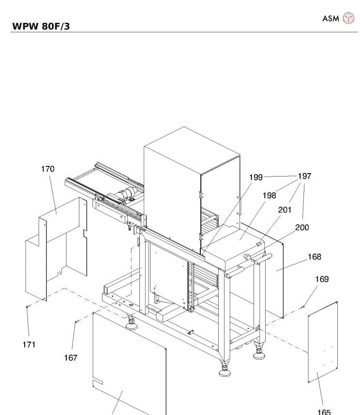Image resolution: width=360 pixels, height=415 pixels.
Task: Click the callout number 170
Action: pos(48,169)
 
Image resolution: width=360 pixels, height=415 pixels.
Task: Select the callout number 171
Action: pos(29,345)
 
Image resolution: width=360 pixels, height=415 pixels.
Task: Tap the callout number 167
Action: pos(71,358)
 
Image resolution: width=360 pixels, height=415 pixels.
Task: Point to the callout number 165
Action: pos(324,412)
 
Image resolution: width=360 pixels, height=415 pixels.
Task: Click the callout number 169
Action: pos(322,279)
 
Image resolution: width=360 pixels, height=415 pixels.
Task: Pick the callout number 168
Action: pos(315,257)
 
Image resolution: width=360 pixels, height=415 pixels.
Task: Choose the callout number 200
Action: pos(302,227)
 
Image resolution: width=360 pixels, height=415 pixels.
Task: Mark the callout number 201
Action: pos(285,210)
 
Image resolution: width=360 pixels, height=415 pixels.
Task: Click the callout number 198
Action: pos(270,195)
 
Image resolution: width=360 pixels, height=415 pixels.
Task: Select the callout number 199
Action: pos(256,178)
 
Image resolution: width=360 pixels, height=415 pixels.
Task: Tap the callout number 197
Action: pos(304,177)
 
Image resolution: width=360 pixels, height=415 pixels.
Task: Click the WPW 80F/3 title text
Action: pos(41,26)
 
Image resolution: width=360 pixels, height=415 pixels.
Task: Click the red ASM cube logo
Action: pos(348,18)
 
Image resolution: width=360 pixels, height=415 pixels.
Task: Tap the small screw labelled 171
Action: pos(27,307)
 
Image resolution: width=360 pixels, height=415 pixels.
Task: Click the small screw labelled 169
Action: pos(303,306)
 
